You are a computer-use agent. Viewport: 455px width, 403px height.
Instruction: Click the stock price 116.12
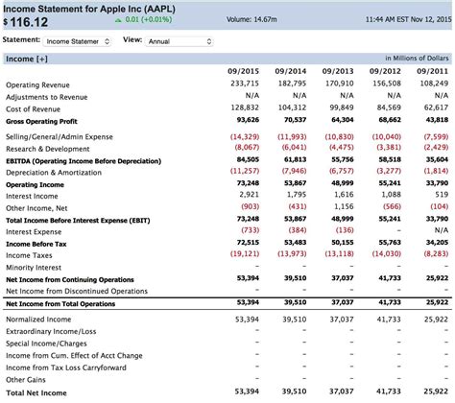tap(28, 20)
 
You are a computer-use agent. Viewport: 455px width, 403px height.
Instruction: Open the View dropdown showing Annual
tap(181, 41)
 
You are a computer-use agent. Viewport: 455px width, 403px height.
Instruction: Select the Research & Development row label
tap(46, 148)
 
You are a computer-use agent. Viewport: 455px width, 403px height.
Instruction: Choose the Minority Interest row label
tap(36, 267)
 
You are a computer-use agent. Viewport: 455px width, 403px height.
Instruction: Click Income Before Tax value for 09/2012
tap(385, 243)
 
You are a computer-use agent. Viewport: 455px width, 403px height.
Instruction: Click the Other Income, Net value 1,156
tap(340, 206)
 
